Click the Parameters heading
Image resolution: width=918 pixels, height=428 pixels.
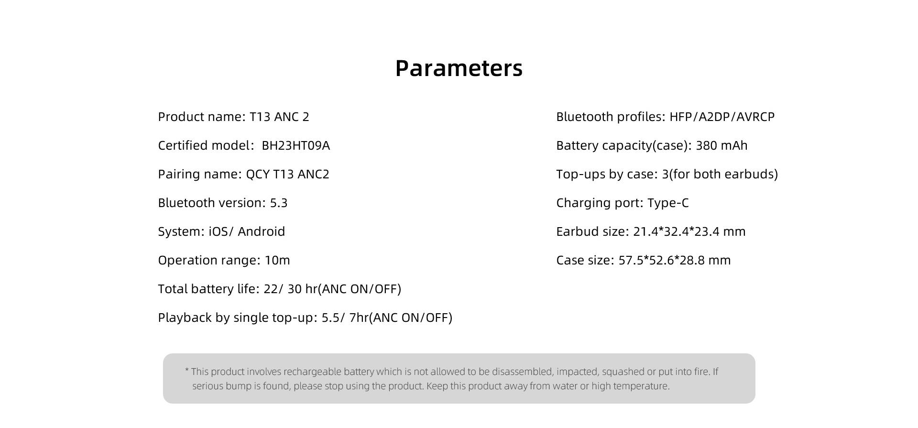coord(459,68)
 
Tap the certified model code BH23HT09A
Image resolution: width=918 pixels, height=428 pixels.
coord(296,145)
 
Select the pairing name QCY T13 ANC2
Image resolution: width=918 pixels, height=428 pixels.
coord(288,174)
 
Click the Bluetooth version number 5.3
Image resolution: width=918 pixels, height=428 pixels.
coord(279,203)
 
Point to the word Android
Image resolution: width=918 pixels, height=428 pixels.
coord(262,231)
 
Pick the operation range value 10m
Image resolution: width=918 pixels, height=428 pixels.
coord(277,260)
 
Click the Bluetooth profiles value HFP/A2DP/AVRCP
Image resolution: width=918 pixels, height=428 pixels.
coord(722,117)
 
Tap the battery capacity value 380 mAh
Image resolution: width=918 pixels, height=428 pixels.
coord(721,145)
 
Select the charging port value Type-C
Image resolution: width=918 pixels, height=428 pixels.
coord(668,203)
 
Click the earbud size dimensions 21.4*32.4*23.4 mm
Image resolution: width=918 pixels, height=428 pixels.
coord(689,231)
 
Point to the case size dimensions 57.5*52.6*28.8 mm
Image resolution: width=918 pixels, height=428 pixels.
coord(675,260)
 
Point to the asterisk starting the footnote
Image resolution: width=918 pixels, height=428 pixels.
coord(187,370)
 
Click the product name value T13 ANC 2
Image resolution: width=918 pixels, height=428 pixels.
coord(280,117)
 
